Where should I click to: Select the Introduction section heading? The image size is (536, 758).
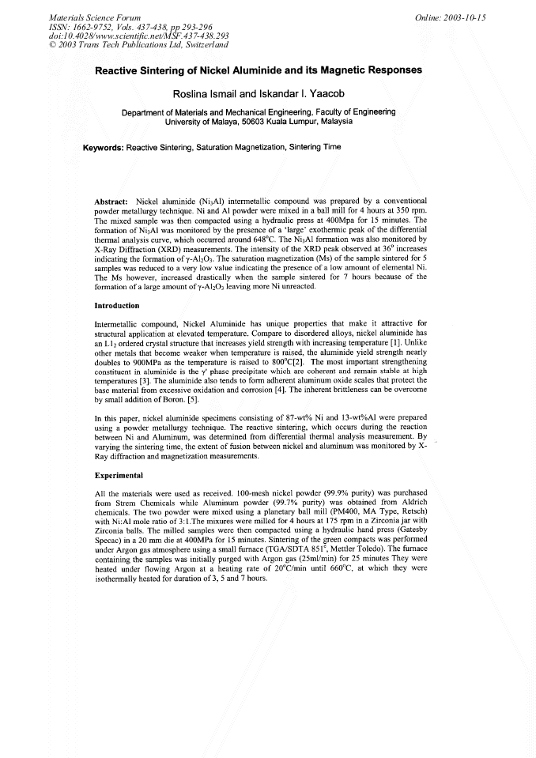[117, 305]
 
